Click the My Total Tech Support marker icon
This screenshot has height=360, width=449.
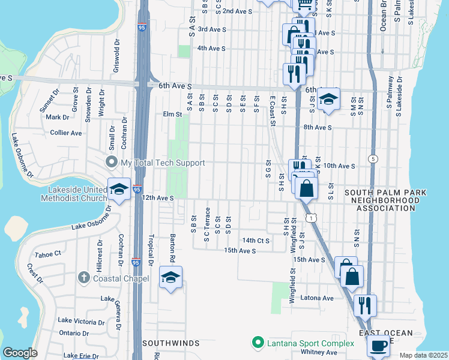tap(111, 163)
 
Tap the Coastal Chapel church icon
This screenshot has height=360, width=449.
tap(85, 278)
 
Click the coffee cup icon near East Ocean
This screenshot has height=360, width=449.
tap(378, 347)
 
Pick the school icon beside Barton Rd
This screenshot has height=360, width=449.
tap(171, 277)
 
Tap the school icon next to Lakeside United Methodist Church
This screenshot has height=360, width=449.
tap(119, 189)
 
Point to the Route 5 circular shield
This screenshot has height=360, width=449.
tap(373, 159)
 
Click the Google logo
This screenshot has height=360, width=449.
tap(20, 353)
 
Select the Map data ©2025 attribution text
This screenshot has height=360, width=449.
tap(423, 355)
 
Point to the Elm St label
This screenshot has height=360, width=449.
tap(172, 114)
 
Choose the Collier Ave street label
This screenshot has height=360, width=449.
tap(66, 133)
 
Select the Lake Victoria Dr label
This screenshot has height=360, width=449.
tap(81, 322)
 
